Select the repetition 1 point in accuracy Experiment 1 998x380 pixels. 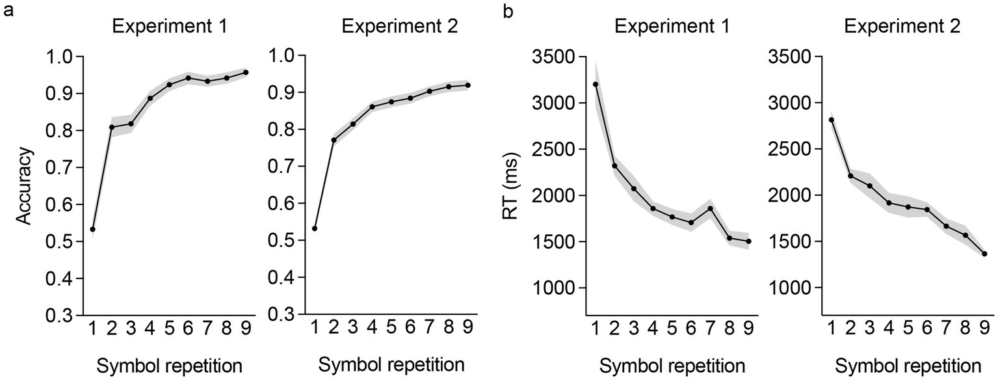(93, 229)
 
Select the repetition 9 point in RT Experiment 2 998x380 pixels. (984, 254)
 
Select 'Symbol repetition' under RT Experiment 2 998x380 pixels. (908, 363)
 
